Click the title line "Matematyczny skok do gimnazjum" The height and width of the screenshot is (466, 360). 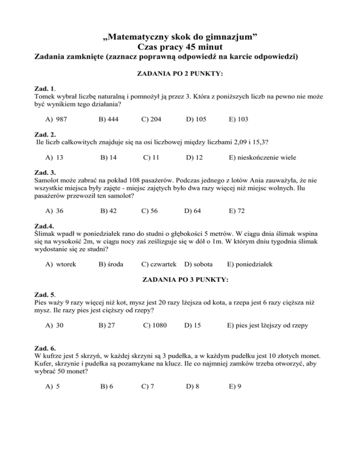180,36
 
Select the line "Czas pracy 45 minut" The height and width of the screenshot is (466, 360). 180,47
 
